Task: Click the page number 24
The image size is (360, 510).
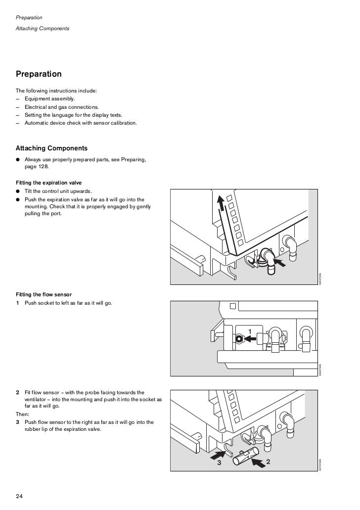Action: pos(20,496)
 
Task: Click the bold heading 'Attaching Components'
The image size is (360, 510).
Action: pos(51,148)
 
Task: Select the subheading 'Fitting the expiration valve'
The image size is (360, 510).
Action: pos(48,183)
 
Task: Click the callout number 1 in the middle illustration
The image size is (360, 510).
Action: pos(250,330)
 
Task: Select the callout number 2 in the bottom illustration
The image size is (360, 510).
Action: pos(268,462)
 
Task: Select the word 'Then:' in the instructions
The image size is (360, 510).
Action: pos(23,414)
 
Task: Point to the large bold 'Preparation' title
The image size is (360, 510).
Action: pos(39,74)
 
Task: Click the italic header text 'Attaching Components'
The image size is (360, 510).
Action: pos(43,28)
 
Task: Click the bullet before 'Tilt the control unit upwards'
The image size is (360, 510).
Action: pos(18,191)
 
